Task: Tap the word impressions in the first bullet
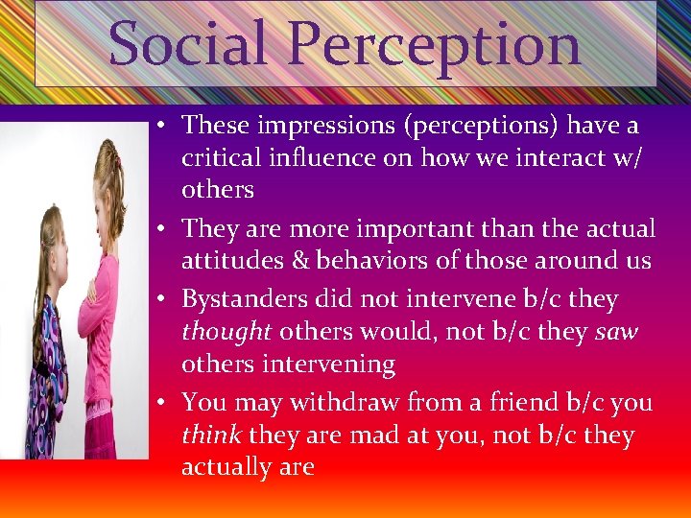[316, 126]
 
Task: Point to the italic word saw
[617, 332]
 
